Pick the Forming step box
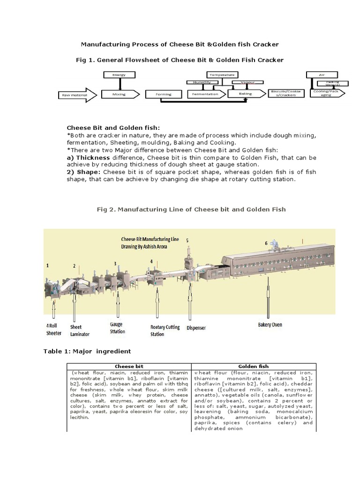[165, 94]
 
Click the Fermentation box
[205, 94]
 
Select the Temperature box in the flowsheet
[222, 75]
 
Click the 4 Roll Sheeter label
[53, 330]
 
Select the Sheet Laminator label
[79, 330]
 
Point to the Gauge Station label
[117, 328]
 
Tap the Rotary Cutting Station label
[165, 330]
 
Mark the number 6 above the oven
[266, 243]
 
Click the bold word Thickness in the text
[88, 158]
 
